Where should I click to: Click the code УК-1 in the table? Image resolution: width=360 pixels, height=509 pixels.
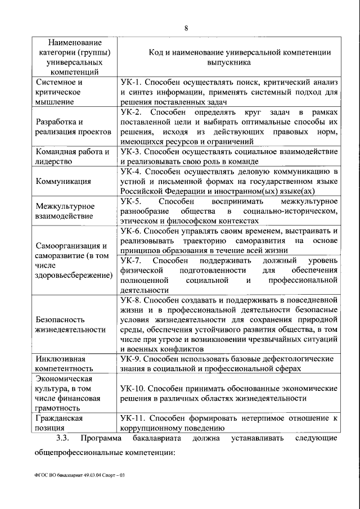pyautogui.click(x=130, y=82)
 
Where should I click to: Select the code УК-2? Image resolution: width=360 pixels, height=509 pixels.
pyautogui.click(x=130, y=112)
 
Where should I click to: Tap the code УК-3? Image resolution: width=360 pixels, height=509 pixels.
pyautogui.click(x=130, y=152)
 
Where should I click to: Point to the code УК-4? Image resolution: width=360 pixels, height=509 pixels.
pyautogui.click(x=130, y=172)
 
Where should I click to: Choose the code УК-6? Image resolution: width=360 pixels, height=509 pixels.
pyautogui.click(x=130, y=231)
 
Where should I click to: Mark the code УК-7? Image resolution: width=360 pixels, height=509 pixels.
pyautogui.click(x=130, y=261)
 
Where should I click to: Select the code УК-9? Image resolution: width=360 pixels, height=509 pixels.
pyautogui.click(x=130, y=359)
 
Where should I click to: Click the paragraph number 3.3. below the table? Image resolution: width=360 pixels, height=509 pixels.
pyautogui.click(x=61, y=438)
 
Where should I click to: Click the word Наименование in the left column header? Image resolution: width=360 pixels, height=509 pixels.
pyautogui.click(x=75, y=42)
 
